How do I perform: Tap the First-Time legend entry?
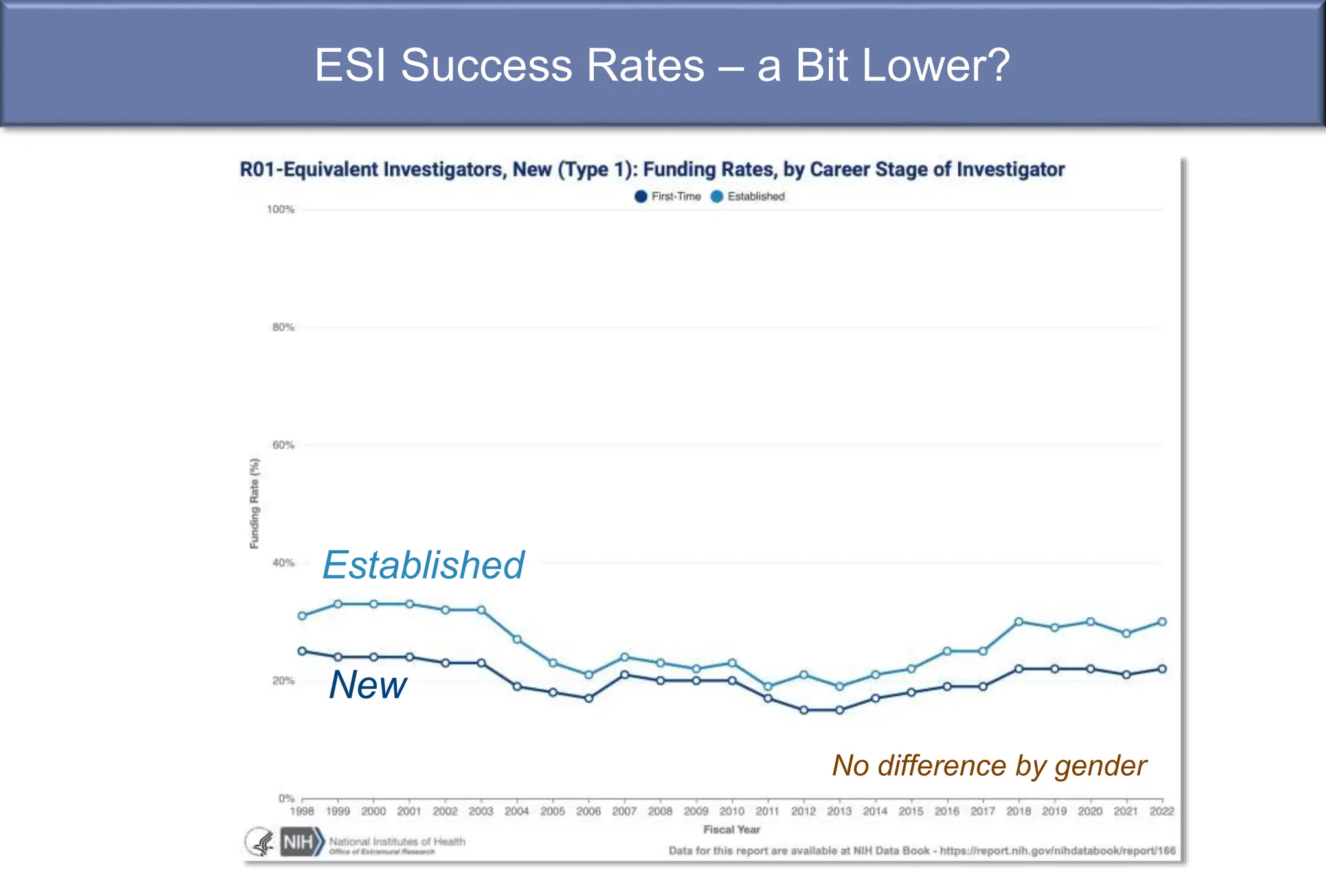pyautogui.click(x=668, y=196)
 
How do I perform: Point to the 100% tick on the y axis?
pyautogui.click(x=280, y=210)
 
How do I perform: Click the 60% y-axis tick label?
pyautogui.click(x=283, y=445)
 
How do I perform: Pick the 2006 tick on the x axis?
pyautogui.click(x=589, y=812)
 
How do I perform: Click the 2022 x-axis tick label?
pyautogui.click(x=1162, y=812)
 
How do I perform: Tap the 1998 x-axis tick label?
pyautogui.click(x=302, y=812)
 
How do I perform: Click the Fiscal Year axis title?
pyautogui.click(x=732, y=830)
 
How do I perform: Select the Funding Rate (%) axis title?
pyautogui.click(x=254, y=503)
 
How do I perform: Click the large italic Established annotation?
pyautogui.click(x=423, y=565)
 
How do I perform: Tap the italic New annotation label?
pyautogui.click(x=368, y=685)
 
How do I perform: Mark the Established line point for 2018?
pyautogui.click(x=1018, y=622)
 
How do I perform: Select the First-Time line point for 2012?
pyautogui.click(x=803, y=710)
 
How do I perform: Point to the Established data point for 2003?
pyautogui.click(x=481, y=610)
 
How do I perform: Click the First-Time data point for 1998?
pyautogui.click(x=302, y=651)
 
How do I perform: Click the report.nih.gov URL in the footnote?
pyautogui.click(x=1057, y=851)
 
